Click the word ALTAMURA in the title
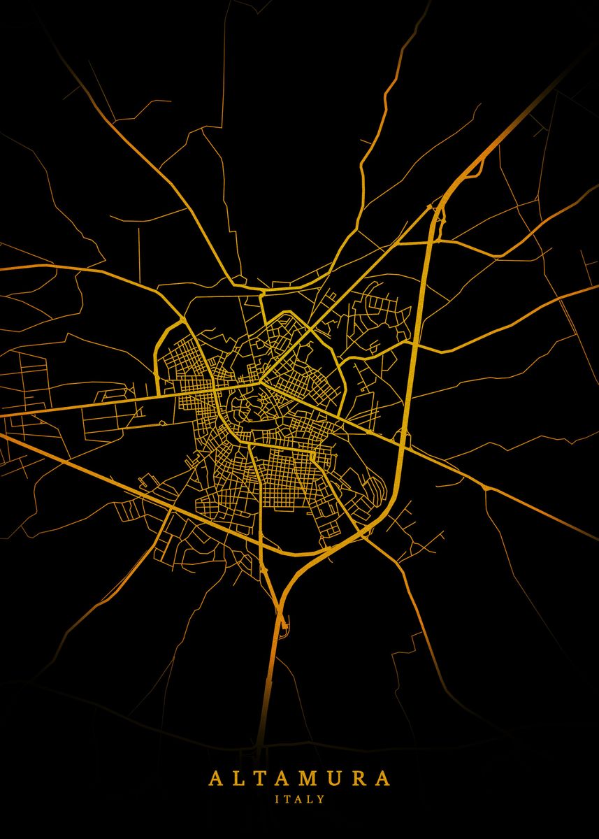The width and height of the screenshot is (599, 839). pyautogui.click(x=299, y=779)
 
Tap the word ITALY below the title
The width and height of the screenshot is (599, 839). pyautogui.click(x=299, y=798)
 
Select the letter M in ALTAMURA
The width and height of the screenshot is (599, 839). pyautogui.click(x=309, y=779)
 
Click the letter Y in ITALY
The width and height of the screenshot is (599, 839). pyautogui.click(x=321, y=798)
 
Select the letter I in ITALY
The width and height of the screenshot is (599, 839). pyautogui.click(x=277, y=798)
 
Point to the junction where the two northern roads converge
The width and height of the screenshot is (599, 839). pyautogui.click(x=260, y=289)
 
